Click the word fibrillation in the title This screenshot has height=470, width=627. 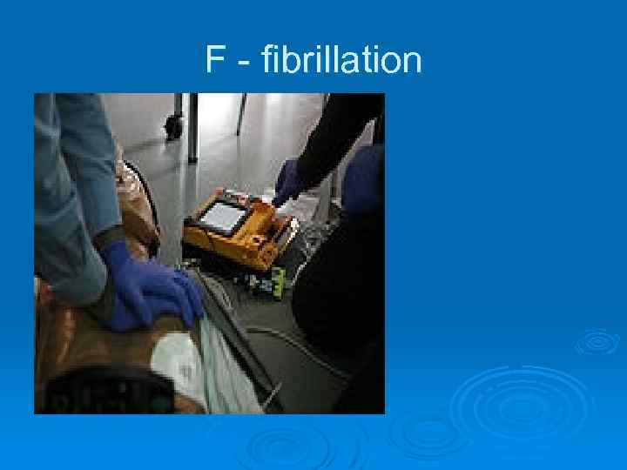coord(334,61)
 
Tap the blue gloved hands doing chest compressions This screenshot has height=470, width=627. coord(152,292)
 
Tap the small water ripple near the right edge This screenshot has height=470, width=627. coord(597,342)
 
